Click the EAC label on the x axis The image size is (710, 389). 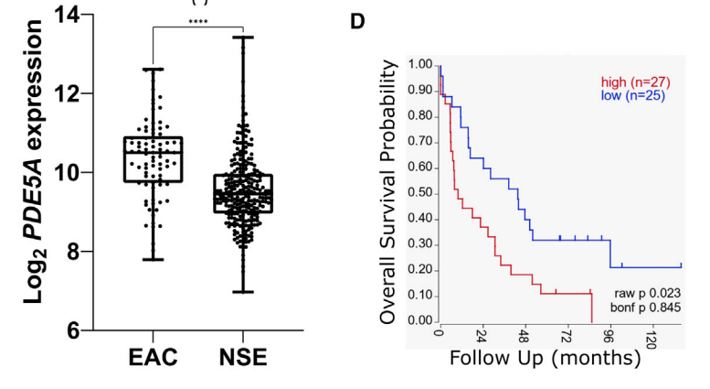point(154,357)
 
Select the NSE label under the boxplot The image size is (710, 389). point(243,357)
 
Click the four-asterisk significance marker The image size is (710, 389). point(198,21)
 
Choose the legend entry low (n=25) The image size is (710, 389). point(631,95)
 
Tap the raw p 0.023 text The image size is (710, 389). point(646,293)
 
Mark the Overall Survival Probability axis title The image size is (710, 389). point(389,191)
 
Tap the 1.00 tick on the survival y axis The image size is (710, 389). point(420,65)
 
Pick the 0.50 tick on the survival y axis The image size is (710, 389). point(420,193)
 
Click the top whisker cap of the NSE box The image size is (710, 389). point(243,37)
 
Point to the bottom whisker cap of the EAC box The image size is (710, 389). point(154,259)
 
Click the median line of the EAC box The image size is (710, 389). point(154,153)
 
